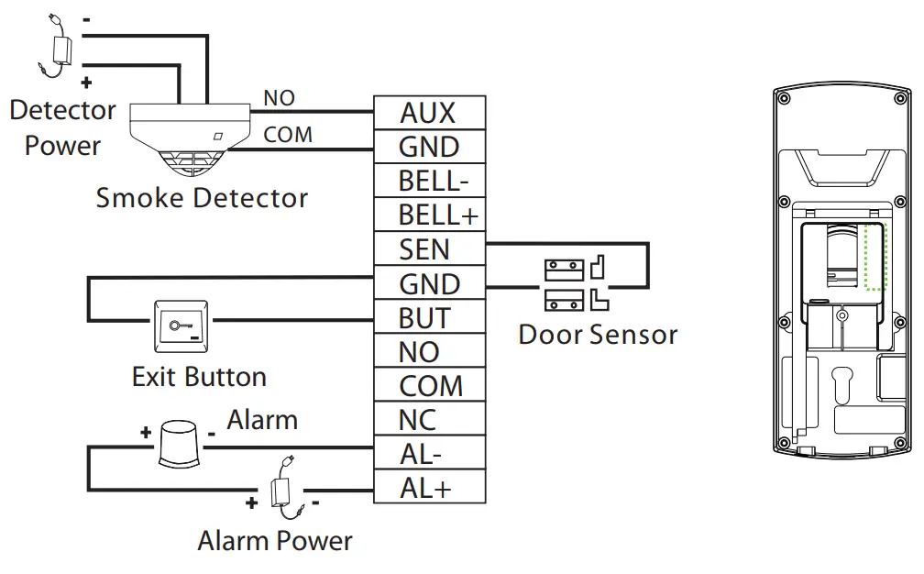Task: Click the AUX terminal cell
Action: tap(428, 113)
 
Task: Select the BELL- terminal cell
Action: tap(428, 181)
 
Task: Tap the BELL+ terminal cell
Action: tap(428, 215)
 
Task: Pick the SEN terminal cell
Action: tap(428, 248)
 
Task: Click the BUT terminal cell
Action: tap(428, 317)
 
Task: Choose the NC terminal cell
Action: tap(428, 420)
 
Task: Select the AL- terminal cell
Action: tap(428, 454)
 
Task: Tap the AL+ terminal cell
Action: tap(428, 488)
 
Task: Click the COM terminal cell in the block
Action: tap(428, 385)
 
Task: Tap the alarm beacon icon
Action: tap(179, 446)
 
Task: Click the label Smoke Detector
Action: tap(202, 198)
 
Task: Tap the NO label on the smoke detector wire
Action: tap(279, 98)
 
